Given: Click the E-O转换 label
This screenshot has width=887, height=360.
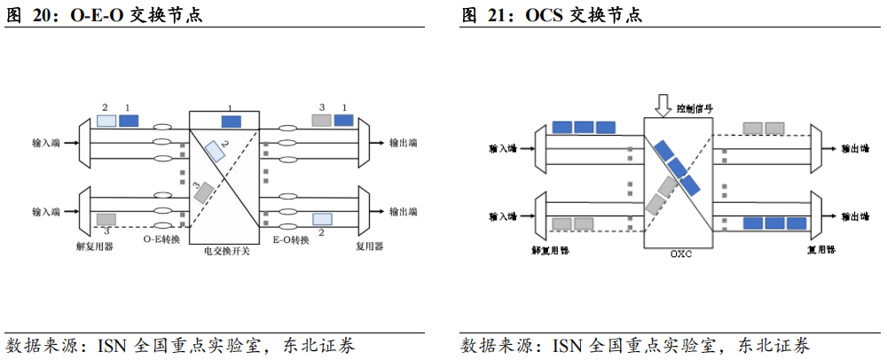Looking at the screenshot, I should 291,239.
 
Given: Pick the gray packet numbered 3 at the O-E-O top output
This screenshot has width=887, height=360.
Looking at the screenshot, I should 322,120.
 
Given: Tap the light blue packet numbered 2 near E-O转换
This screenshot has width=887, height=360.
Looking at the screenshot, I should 322,218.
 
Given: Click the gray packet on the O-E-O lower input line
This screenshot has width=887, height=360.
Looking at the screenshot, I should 106,218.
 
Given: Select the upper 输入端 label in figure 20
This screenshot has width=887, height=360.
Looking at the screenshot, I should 45,142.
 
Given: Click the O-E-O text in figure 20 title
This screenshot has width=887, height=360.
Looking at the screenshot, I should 94,15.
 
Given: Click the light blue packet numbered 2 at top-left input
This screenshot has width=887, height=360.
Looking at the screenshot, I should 106,120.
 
